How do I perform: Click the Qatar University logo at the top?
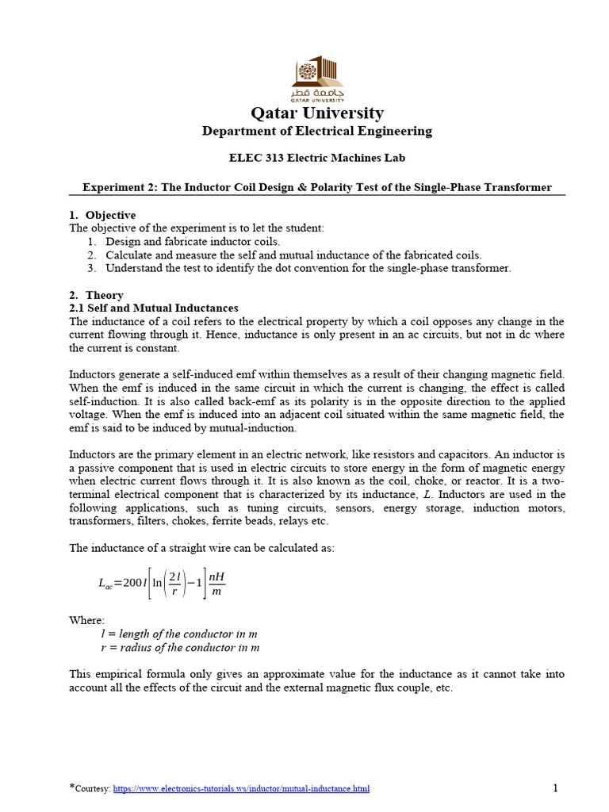coord(317,79)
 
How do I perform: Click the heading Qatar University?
coord(317,113)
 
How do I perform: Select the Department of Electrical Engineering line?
coord(317,131)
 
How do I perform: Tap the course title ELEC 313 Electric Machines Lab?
coord(317,158)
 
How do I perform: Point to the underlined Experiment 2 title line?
coord(317,188)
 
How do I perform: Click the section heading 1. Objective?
coord(102,215)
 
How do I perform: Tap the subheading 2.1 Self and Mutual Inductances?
coord(154,308)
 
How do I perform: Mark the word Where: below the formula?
coord(86,621)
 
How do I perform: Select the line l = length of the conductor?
coord(179,634)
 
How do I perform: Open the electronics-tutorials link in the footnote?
coord(241,789)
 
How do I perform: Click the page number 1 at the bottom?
coord(556,788)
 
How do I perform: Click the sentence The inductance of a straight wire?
coord(201,548)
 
